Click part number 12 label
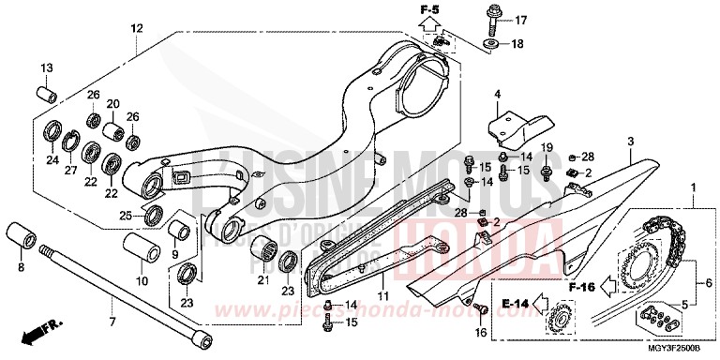[x=137, y=30]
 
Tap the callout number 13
[x=45, y=67]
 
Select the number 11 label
[x=382, y=298]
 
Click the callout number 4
[x=498, y=94]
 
